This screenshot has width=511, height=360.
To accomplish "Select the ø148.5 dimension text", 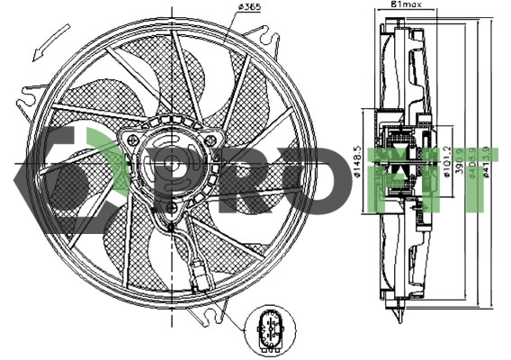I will [x=357, y=162].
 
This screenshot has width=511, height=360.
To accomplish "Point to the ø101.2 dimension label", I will [x=447, y=163].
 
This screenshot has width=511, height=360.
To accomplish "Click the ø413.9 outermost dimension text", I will [x=487, y=163].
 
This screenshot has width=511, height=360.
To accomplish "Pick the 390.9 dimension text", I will [x=461, y=163].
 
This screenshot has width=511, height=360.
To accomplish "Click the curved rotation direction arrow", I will [x=47, y=40].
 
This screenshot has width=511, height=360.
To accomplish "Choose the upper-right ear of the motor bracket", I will [x=214, y=140].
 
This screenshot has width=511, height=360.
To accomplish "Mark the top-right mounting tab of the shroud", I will [x=267, y=39].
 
